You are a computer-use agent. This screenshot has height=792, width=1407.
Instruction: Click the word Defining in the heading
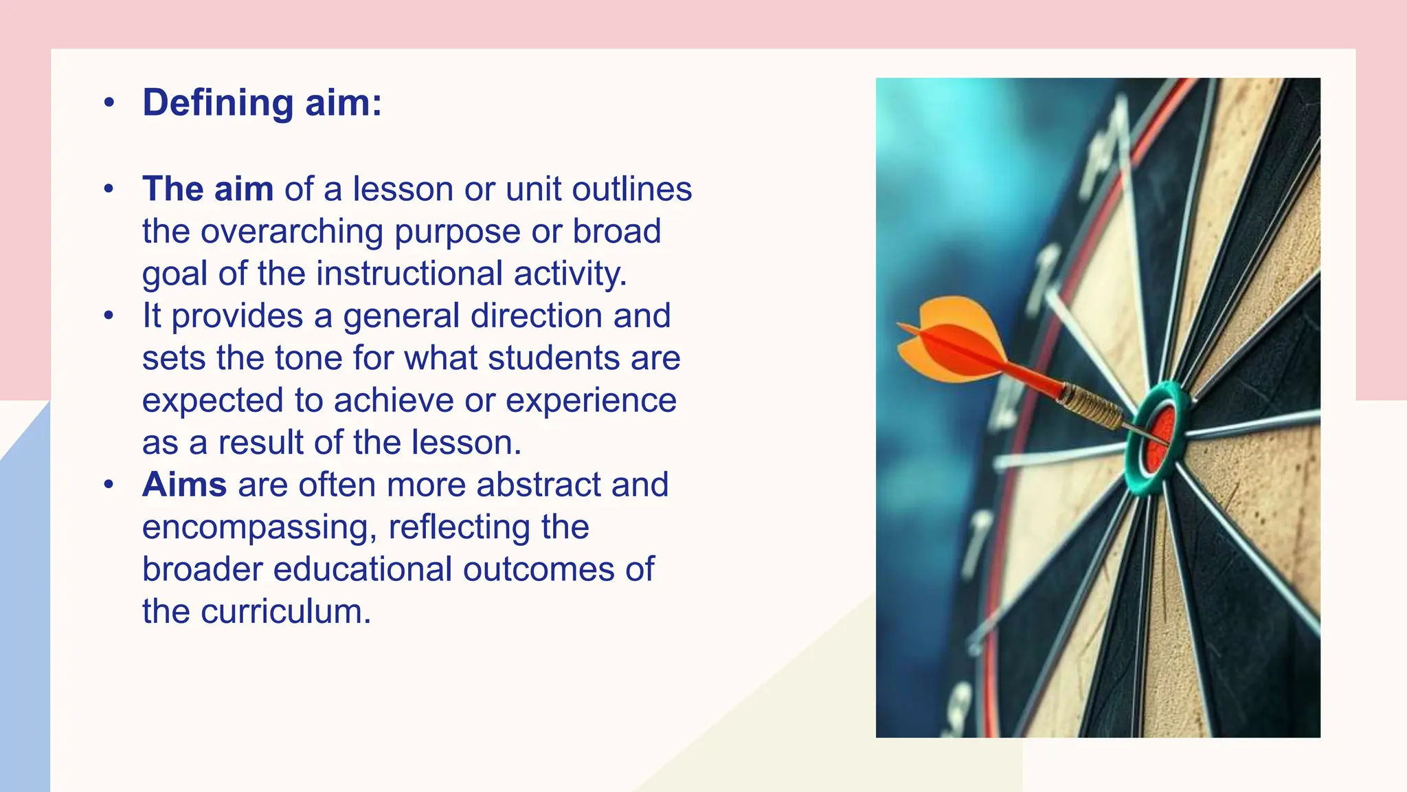[218, 103]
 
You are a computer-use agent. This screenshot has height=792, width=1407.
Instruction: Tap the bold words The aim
[207, 189]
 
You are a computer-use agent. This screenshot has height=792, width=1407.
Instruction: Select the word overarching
[291, 232]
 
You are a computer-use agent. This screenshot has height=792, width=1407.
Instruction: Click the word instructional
[409, 274]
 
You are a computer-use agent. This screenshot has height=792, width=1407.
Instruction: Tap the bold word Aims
[184, 485]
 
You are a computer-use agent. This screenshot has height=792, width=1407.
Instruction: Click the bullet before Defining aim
[109, 103]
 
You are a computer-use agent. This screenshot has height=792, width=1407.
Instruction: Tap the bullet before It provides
[109, 316]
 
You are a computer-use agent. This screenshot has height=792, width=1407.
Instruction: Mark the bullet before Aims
[109, 485]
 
